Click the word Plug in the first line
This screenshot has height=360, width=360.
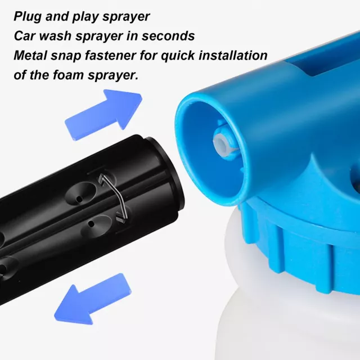tap(28, 17)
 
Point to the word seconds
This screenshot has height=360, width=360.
tap(168, 36)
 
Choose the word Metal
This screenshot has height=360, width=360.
tap(30, 55)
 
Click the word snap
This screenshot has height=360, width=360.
tap(66, 56)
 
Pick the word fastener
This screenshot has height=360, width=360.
tap(110, 55)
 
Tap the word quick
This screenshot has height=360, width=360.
tap(178, 56)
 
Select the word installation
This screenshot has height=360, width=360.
tap(233, 55)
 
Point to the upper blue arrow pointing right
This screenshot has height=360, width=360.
tap(103, 115)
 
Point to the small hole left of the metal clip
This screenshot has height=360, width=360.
tap(79, 199)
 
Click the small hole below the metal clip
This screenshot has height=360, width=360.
tap(91, 224)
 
